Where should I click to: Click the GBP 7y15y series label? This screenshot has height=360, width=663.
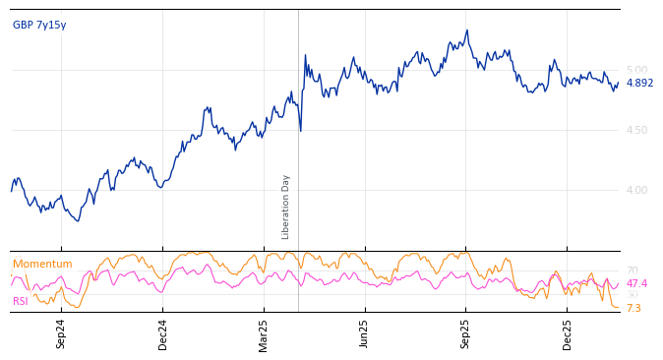[x=39, y=26]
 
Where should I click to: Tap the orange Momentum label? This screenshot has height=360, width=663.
[x=42, y=265]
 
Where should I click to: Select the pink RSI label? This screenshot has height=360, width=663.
[x=20, y=302]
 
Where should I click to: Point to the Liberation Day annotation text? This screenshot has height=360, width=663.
[x=286, y=207]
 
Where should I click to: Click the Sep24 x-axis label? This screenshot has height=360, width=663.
[x=61, y=334]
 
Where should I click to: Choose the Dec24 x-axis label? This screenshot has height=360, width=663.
[x=163, y=334]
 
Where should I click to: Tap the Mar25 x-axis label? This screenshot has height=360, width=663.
[x=264, y=334]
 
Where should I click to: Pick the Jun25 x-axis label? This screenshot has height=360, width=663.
[x=364, y=334]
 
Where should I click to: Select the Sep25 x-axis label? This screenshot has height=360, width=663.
[x=466, y=334]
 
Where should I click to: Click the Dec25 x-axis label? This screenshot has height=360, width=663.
[x=568, y=334]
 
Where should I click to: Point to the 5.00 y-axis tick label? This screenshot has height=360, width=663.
[x=636, y=70]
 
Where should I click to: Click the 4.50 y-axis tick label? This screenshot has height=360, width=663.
[x=636, y=130]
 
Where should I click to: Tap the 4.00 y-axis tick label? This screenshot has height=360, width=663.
[x=636, y=190]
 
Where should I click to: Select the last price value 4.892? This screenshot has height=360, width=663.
[x=639, y=84]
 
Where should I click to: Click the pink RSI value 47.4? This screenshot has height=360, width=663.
[x=636, y=284]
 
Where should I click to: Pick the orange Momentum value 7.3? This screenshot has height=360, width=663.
[x=633, y=309]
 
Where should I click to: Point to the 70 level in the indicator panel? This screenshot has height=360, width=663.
[x=632, y=270]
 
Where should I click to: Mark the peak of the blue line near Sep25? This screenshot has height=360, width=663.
[x=467, y=30]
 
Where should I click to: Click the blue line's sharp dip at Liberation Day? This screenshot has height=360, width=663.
[x=301, y=130]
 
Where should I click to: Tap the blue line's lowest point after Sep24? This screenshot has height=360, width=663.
[x=78, y=220]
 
